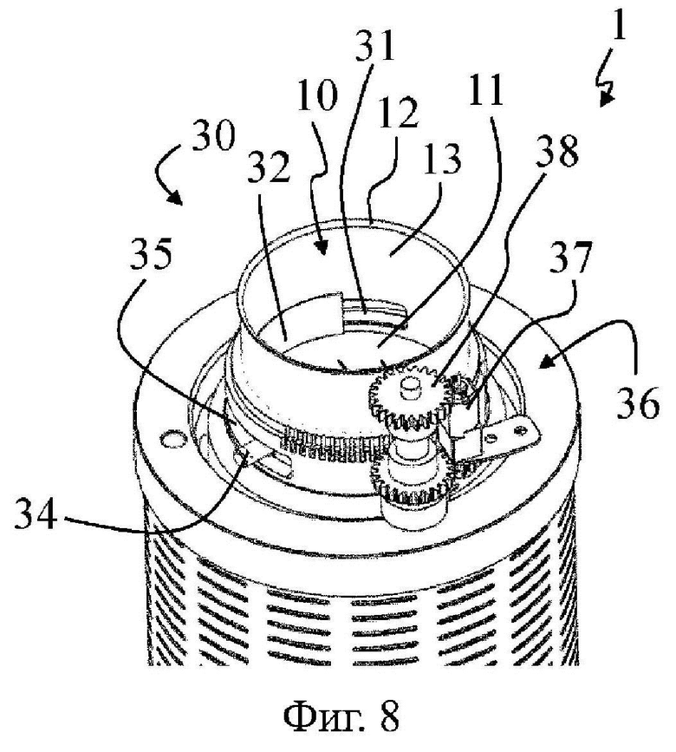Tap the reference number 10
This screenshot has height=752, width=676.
coord(317,95)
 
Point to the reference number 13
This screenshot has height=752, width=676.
coord(441,158)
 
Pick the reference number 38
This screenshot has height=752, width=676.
coord(557,152)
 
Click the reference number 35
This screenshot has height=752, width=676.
coord(151,255)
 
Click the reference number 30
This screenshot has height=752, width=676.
coord(214,134)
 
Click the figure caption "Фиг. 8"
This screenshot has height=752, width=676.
coord(341,716)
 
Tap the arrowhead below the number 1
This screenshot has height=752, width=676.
coord(606,99)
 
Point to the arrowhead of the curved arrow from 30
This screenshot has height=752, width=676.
coord(175,198)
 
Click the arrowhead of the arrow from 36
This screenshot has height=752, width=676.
coord(545,363)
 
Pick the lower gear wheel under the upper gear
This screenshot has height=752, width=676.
coord(410,484)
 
